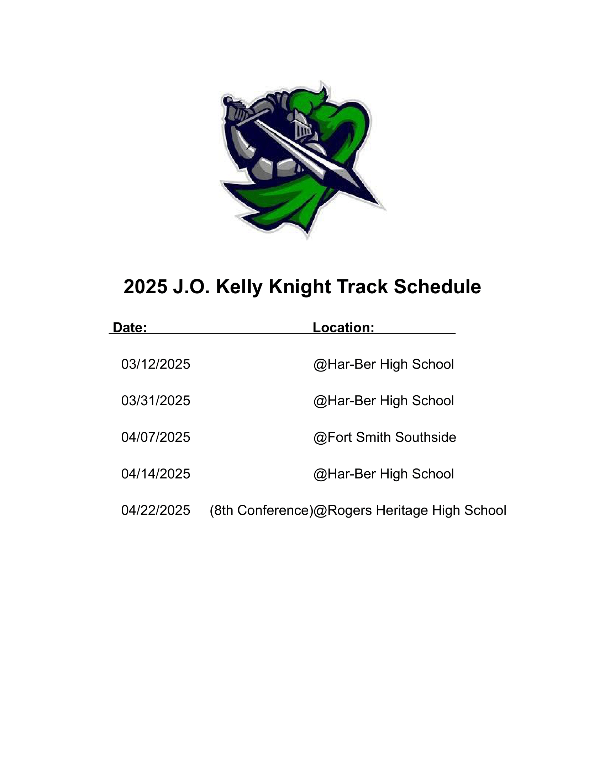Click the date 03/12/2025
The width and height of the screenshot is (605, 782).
pos(156,364)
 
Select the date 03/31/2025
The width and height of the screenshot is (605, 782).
pos(156,401)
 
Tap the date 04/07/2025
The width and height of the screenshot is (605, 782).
pos(156,437)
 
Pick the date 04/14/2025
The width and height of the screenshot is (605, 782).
pos(156,474)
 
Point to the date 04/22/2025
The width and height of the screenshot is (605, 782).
pos(156,510)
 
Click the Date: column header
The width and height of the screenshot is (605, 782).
pos(130,327)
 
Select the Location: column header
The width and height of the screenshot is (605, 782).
pos(343,327)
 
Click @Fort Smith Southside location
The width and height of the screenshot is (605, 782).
pos(385,437)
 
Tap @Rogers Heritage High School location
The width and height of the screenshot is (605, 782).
pos(410,510)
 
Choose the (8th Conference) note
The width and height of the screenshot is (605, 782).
pos(261,510)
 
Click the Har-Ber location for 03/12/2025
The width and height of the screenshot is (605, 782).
pos(384,364)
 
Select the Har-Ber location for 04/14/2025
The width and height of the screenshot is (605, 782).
pos(384,474)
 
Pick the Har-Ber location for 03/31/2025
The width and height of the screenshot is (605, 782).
pos(384,401)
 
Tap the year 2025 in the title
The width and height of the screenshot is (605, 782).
pos(145,287)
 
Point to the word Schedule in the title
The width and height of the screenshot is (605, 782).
pos(437,287)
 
